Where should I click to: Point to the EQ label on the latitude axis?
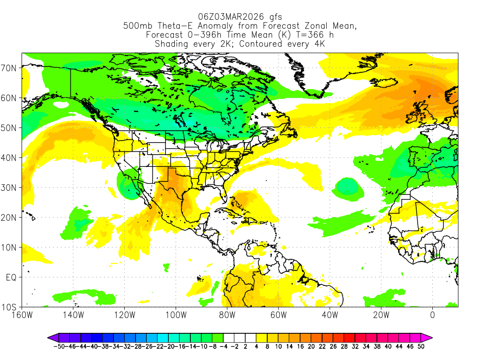[x=11, y=277]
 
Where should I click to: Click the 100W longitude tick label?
[x=175, y=315]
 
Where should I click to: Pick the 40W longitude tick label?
[x=330, y=315]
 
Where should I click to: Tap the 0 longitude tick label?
[x=432, y=315]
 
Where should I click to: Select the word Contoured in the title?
[x=266, y=44]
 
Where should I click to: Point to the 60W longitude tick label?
[x=278, y=315]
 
